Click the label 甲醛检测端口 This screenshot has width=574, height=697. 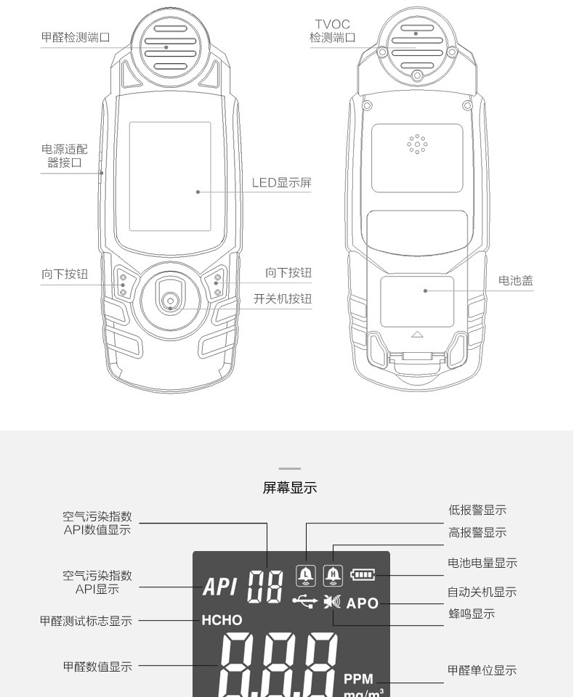click(x=76, y=37)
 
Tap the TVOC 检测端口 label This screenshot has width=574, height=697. click(x=332, y=32)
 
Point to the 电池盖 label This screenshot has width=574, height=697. click(x=515, y=280)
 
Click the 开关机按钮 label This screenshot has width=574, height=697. click(x=283, y=298)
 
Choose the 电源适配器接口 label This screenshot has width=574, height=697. click(x=64, y=156)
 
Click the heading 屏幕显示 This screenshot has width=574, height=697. click(x=289, y=488)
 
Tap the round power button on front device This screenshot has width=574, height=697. click(x=170, y=299)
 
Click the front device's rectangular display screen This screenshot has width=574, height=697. click(x=170, y=176)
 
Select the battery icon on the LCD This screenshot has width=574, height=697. click(x=363, y=576)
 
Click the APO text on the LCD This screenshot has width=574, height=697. click(x=363, y=603)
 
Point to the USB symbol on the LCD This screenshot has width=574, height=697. click(x=304, y=600)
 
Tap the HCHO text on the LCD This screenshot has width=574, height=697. click(x=222, y=621)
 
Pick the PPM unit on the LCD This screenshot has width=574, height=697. click(x=358, y=679)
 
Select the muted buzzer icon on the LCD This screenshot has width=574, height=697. click(x=333, y=601)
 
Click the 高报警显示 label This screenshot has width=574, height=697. click(x=477, y=532)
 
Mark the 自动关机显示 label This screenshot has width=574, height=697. click(x=482, y=592)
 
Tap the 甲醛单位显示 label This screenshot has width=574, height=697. click(x=482, y=670)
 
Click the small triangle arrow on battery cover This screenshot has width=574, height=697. click(x=417, y=334)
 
